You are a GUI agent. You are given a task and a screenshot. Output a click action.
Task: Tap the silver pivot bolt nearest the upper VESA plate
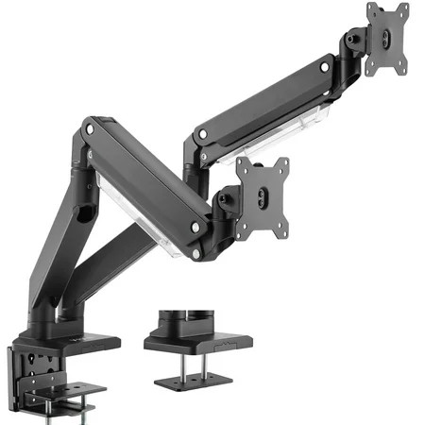pyautogui.click(x=325, y=68)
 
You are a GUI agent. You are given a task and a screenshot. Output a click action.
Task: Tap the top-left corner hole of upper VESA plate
pyautogui.click(x=372, y=12)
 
